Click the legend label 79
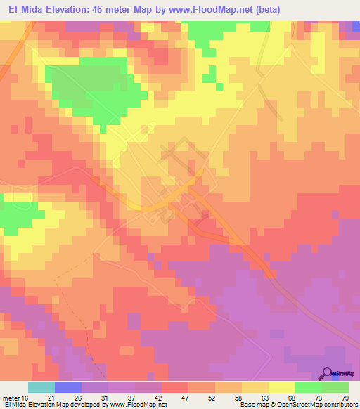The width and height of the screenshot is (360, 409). tap(345, 398)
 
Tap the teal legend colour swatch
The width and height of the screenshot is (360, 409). tap(41, 388)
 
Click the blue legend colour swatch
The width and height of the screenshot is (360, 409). tap(67, 388)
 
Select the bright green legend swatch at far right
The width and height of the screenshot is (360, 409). tap(335, 388)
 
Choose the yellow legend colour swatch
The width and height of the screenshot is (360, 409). tap(281, 388)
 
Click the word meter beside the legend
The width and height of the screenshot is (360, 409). tap(10, 398)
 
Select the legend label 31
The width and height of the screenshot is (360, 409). tap(104, 398)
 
